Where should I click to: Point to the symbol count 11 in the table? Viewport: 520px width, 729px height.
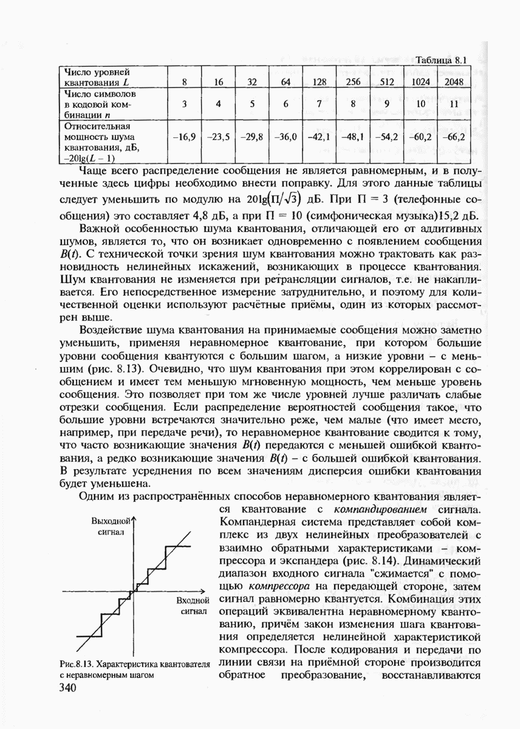point(453,104)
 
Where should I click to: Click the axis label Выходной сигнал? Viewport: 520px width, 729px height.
point(110,526)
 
